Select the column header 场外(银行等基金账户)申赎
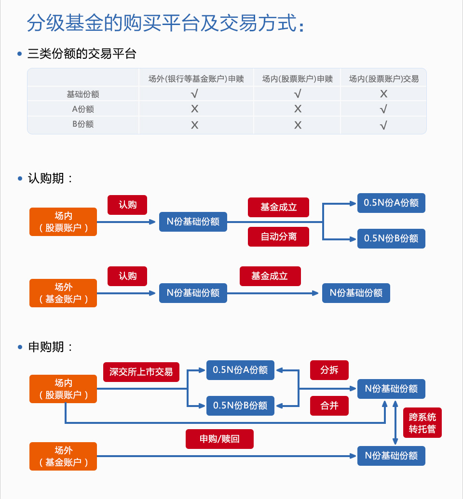point(196,79)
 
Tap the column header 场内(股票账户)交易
point(383,79)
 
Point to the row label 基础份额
point(83,94)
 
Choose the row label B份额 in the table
point(83,124)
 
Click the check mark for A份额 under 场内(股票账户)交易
point(383,109)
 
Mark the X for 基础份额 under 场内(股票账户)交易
point(383,94)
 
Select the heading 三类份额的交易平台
point(82,54)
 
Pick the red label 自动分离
point(278,236)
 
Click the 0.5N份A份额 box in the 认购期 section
point(391,203)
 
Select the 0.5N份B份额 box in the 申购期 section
point(240,406)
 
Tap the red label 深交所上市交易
point(141,372)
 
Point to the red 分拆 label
point(329,370)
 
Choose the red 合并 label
point(329,406)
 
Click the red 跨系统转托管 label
point(422,423)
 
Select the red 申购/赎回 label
point(219,439)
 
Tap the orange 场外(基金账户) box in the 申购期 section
point(63,456)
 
